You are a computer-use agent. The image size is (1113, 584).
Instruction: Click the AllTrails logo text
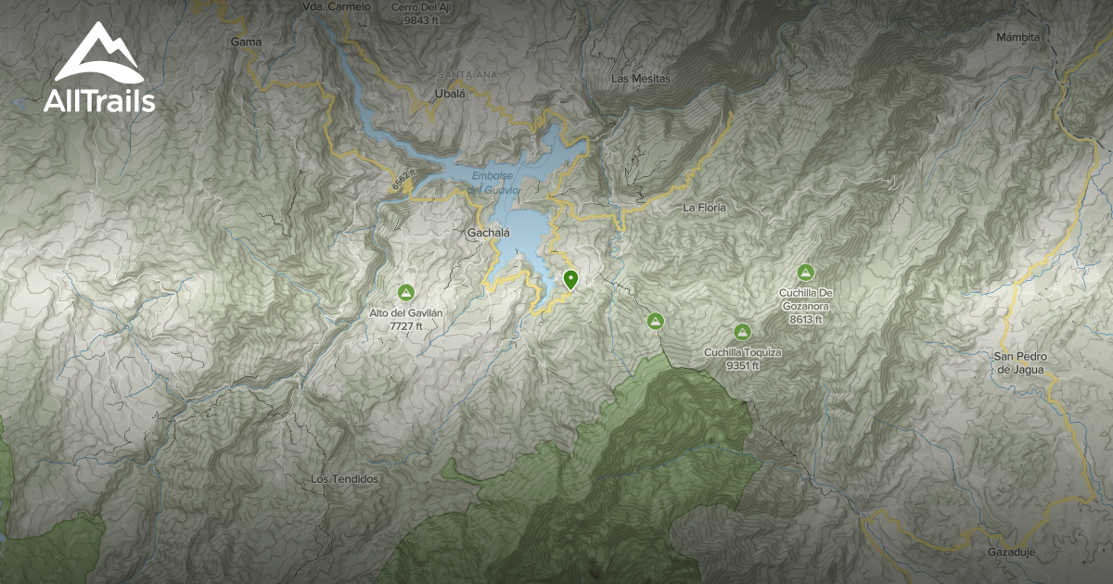tap(99, 101)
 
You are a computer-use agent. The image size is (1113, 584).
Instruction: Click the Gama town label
tap(246, 42)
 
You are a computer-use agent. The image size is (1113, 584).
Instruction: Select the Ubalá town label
tap(449, 94)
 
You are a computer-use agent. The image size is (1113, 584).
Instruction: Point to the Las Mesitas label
tap(640, 79)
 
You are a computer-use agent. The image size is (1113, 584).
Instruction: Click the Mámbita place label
tap(1017, 37)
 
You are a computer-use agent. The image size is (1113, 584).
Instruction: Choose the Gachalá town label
tap(489, 234)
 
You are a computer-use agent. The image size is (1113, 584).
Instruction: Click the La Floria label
tap(704, 208)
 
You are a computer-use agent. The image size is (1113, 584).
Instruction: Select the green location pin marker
tap(570, 279)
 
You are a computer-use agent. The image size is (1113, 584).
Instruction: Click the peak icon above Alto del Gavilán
tap(405, 293)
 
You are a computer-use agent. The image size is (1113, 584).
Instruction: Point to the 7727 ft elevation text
tap(405, 326)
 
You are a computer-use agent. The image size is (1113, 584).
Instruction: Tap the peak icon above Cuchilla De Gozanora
tap(805, 273)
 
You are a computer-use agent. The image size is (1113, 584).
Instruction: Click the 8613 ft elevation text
tap(803, 319)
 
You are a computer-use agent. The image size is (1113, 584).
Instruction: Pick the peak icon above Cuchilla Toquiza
tap(742, 332)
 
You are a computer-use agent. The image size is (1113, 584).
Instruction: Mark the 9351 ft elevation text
tap(743, 365)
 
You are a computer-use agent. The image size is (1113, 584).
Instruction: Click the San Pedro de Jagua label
tap(1018, 362)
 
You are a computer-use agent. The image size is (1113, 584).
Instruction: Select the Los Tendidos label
tap(345, 479)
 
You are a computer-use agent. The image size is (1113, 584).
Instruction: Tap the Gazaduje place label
tap(1011, 552)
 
